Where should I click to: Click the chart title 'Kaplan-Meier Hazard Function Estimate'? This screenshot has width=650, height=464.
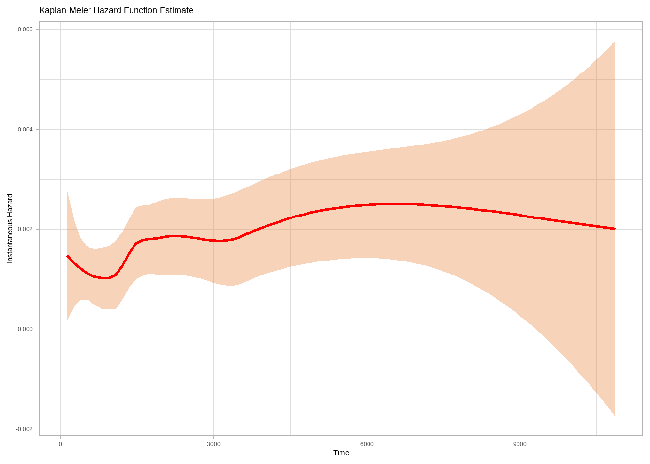pyautogui.click(x=116, y=10)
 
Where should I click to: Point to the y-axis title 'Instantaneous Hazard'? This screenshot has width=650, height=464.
pyautogui.click(x=10, y=229)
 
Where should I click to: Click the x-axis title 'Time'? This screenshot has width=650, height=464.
pyautogui.click(x=341, y=453)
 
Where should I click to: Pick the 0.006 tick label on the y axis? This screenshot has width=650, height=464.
pyautogui.click(x=25, y=29)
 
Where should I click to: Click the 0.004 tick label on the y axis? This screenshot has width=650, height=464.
pyautogui.click(x=25, y=130)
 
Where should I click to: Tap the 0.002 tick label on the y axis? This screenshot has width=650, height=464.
pyautogui.click(x=25, y=229)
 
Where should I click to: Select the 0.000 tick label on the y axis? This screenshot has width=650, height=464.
pyautogui.click(x=25, y=329)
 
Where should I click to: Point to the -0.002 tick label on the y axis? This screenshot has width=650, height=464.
pyautogui.click(x=24, y=429)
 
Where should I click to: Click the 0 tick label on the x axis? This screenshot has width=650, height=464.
pyautogui.click(x=60, y=444)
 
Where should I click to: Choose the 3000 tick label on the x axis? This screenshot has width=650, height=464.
pyautogui.click(x=213, y=444)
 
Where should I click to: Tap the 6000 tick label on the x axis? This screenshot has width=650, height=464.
pyautogui.click(x=367, y=444)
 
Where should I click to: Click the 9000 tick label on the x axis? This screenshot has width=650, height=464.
pyautogui.click(x=520, y=444)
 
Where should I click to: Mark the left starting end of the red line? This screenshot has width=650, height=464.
pyautogui.click(x=67, y=256)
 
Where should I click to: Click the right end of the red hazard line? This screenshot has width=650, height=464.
pyautogui.click(x=615, y=229)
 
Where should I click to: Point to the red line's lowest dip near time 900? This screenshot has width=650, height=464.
pyautogui.click(x=105, y=278)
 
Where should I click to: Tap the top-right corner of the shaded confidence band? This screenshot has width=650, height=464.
pyautogui.click(x=615, y=42)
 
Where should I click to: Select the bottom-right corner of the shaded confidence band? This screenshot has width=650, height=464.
pyautogui.click(x=615, y=416)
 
